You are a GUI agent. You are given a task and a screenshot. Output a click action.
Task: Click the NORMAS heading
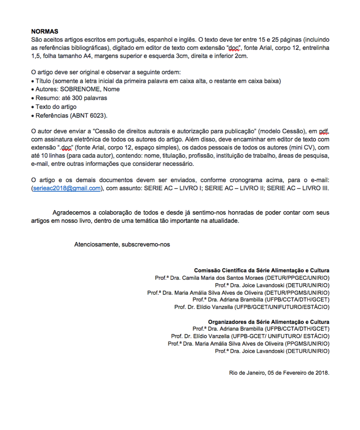pyautogui.click(x=45, y=31)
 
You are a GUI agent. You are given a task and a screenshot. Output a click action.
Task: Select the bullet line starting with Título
pyautogui.click(x=158, y=81)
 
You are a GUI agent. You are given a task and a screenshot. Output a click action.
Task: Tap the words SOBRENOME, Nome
pyautogui.click(x=90, y=89)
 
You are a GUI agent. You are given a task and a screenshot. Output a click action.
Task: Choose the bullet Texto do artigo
pyautogui.click(x=56, y=107)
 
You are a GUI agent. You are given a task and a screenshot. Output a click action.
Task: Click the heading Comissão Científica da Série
pyautogui.click(x=261, y=270)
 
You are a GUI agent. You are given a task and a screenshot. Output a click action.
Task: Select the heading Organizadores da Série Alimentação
pyautogui.click(x=269, y=322)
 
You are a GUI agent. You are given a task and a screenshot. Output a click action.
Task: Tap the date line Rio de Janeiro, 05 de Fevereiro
pyautogui.click(x=279, y=373)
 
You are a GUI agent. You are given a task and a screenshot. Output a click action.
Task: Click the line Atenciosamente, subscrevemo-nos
pyautogui.click(x=122, y=245)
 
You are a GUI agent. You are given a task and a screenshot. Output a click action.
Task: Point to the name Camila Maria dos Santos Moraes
pyautogui.click(x=226, y=278)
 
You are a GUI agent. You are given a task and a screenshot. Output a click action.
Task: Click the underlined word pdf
pyautogui.click(x=324, y=131)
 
